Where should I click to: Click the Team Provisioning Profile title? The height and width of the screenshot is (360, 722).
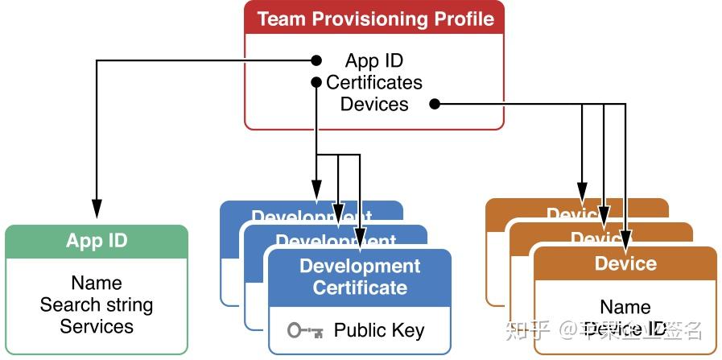pos(374,19)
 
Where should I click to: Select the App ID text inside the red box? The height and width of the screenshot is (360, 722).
pos(374,60)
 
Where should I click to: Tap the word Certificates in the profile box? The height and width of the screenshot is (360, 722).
pos(374,82)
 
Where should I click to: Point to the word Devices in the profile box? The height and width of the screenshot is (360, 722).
pos(374,104)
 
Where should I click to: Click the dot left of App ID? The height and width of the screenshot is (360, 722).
pos(316,60)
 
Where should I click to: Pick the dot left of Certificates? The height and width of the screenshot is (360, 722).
pos(316,82)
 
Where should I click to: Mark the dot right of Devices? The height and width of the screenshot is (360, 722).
pos(435,104)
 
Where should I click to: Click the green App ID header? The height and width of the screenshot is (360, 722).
pos(97,241)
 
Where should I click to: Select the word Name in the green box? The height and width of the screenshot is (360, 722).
pos(97,283)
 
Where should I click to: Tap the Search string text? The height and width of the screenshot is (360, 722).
pos(97,304)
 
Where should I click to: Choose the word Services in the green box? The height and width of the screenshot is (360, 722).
pos(97,326)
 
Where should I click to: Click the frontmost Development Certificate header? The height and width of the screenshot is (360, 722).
pos(360,276)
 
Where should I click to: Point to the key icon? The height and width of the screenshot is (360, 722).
pos(304,330)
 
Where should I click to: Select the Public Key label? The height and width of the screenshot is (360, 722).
pos(379,330)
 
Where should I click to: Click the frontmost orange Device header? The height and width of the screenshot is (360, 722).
pos(625,263)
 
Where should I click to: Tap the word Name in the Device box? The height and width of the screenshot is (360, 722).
pos(625,307)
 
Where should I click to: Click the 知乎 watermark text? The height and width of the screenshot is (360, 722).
pos(526,330)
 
